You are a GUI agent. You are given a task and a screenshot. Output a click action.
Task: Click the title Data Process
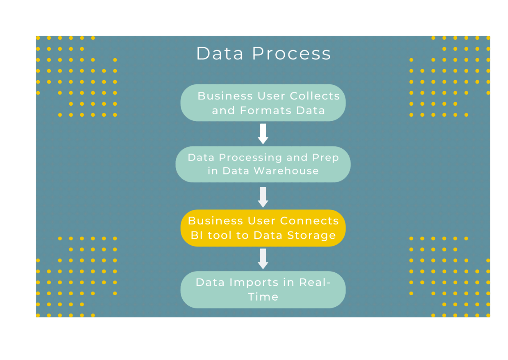[x=263, y=54]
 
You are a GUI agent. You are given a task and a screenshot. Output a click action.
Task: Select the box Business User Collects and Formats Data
[x=263, y=103]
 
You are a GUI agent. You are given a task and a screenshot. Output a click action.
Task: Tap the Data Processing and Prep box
[x=263, y=164]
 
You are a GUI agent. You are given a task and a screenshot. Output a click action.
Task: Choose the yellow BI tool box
[x=263, y=228]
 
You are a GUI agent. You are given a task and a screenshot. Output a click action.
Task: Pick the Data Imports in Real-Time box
[x=263, y=290]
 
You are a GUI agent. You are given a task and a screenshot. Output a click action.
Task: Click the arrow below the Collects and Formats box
[x=263, y=134]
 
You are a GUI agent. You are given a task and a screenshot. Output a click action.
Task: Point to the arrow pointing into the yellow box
[x=263, y=197]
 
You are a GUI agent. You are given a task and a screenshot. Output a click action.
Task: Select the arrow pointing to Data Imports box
[x=263, y=259]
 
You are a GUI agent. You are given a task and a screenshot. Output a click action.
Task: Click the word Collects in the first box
[x=315, y=96]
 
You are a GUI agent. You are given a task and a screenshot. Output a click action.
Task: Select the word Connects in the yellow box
[x=310, y=221]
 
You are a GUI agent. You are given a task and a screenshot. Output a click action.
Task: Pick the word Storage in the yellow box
[x=315, y=235]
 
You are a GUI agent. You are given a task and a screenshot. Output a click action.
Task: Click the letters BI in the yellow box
[x=196, y=235]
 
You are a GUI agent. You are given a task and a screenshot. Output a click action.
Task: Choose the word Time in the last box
[x=263, y=297]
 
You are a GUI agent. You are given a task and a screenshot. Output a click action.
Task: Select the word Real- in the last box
[x=315, y=282]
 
